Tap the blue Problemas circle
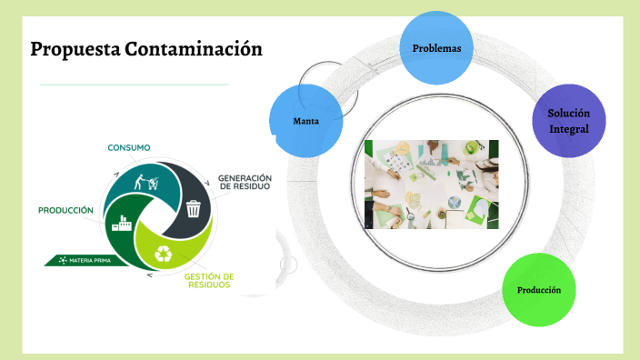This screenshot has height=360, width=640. pos(436,48)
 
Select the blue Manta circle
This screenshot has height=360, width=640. pos(306,121)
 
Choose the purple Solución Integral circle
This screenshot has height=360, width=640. pos(568,122)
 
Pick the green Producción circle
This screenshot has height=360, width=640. pos(539,289)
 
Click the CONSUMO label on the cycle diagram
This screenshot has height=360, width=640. pos(129,147)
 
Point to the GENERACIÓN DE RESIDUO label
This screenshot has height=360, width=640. pos(245,182)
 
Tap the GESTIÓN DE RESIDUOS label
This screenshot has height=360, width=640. pos(209,280)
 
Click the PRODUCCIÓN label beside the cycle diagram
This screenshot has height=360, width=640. pos(65,210)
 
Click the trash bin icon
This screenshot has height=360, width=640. pos(193,208)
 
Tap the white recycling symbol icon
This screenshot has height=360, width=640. pos(165,255)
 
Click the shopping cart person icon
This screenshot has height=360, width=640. pos(145,179)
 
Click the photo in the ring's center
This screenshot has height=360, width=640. pos(431,184)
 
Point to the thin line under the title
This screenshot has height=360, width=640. pos(134,85)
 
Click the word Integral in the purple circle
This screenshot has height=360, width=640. pos(568,129)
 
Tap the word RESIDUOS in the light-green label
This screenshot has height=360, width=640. pos(209,285)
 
